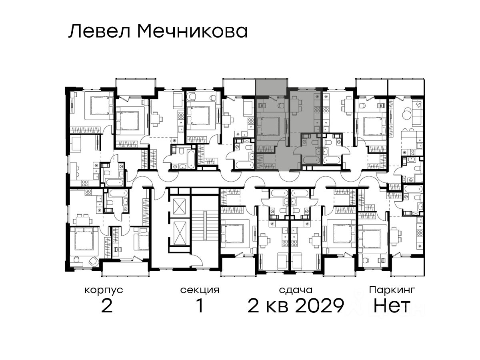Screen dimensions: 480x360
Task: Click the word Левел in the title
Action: [100, 32]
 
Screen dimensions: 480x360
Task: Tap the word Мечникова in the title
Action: [193, 32]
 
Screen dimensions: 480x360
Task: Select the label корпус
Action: [104, 290]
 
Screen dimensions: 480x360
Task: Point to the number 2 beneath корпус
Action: [107, 306]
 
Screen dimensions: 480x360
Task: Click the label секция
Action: [200, 290]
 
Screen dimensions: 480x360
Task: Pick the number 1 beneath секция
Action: [200, 306]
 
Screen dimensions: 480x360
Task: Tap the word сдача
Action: [296, 290]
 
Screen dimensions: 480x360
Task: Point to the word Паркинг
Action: [392, 290]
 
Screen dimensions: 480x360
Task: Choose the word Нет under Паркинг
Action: [392, 306]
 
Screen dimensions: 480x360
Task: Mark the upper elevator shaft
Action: [179, 206]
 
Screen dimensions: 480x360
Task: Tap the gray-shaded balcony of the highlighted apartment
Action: [271, 87]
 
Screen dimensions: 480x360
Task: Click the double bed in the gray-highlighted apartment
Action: [268, 126]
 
